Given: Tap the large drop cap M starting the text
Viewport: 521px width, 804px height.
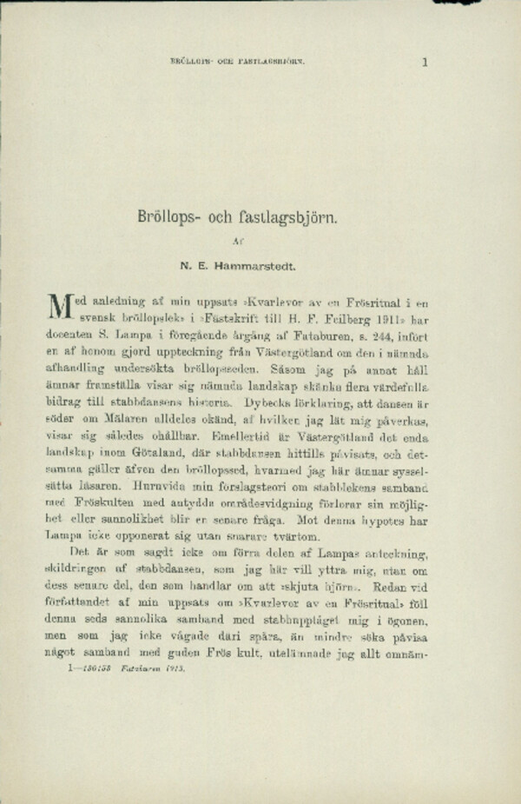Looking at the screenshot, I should (56, 308).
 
